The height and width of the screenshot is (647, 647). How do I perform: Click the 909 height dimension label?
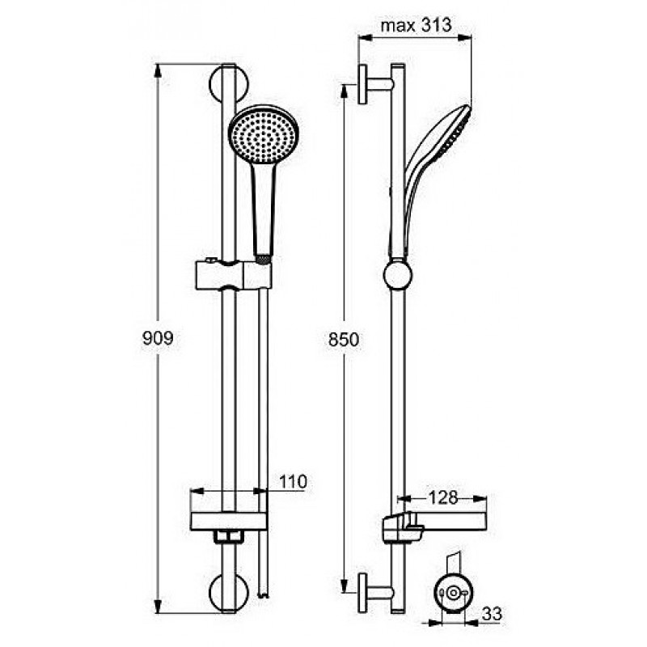tap(158, 338)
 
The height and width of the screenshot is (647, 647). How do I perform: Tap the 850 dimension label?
tap(344, 340)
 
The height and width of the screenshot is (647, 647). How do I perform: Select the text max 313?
tap(416, 26)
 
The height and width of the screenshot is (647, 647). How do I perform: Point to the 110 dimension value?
tap(293, 481)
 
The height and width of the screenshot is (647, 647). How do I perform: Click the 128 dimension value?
tap(442, 497)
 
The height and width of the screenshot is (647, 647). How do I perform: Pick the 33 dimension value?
tap(492, 614)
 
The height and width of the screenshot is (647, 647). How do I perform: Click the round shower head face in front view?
tap(264, 135)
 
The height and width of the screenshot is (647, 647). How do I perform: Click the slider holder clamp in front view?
tap(233, 274)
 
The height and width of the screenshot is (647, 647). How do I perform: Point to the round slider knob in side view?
tap(398, 276)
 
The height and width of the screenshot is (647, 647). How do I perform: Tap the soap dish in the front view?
tap(229, 522)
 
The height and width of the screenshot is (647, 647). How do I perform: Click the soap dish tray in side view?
tap(434, 526)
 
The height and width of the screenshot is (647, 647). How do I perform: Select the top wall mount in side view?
tap(374, 84)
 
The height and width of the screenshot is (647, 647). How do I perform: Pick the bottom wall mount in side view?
tap(374, 593)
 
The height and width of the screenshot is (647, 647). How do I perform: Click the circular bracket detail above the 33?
tap(454, 593)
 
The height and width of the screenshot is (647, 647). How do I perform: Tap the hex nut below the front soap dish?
tap(229, 536)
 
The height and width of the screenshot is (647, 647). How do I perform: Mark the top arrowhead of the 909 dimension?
tap(158, 71)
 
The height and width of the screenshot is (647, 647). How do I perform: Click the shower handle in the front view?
tap(264, 210)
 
